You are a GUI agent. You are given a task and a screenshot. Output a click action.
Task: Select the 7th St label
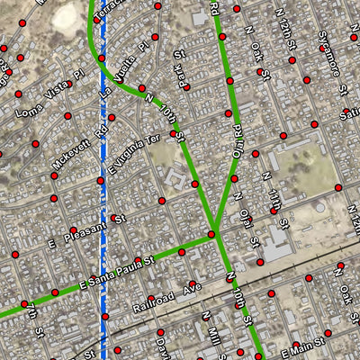click(33, 322)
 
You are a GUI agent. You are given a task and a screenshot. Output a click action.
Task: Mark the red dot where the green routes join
click(211, 235)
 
